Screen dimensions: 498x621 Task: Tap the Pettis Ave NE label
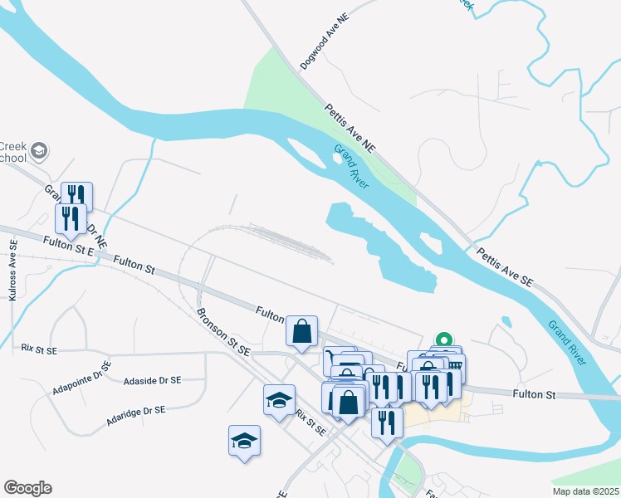click(x=350, y=127)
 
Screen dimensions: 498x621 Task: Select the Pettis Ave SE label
click(x=504, y=266)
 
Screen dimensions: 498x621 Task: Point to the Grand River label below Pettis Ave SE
click(x=568, y=340)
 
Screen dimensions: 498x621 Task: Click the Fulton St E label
click(x=69, y=245)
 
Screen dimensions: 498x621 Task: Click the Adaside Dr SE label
click(x=152, y=381)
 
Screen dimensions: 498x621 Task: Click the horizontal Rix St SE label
click(x=39, y=350)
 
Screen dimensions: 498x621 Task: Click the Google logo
click(x=27, y=488)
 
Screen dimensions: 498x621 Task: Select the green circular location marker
click(x=444, y=340)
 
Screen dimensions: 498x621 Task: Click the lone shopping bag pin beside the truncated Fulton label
click(x=301, y=331)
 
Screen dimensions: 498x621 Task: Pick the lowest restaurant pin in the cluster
click(x=387, y=423)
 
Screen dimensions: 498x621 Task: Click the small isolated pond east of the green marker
click(x=506, y=321)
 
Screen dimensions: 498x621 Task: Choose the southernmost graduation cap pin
click(x=245, y=440)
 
